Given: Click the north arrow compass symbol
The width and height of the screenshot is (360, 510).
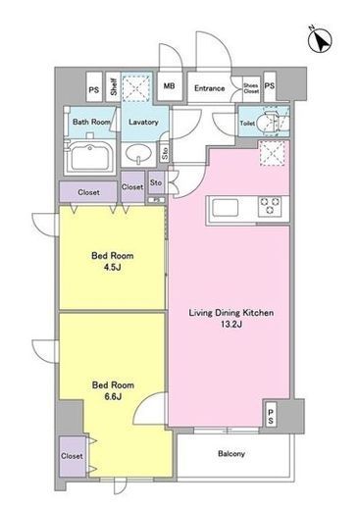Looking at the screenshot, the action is (320, 40).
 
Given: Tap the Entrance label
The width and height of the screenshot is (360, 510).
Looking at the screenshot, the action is (209, 88).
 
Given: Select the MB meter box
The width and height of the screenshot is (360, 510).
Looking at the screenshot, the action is (169, 86).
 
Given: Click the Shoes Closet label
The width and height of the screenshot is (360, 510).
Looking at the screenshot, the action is (251, 88).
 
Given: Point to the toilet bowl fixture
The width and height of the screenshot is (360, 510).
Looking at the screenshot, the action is (271, 124).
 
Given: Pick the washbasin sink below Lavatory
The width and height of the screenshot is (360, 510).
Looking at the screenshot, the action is (138, 153).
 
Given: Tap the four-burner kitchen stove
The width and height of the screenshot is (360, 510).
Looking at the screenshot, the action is (270, 206).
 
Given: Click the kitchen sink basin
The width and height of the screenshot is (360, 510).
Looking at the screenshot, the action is (225, 207).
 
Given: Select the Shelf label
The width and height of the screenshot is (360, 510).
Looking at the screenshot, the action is (114, 86).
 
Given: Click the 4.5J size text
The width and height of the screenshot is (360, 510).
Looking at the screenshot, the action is (112, 268).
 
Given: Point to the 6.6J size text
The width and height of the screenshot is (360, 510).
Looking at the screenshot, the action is (113, 396).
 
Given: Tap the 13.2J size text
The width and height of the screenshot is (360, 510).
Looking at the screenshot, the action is (231, 325).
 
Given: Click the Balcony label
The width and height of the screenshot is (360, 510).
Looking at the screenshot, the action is (231, 454).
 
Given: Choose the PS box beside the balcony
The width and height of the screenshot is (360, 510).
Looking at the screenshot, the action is (271, 414).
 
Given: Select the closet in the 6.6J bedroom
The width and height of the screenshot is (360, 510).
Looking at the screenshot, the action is (73, 456).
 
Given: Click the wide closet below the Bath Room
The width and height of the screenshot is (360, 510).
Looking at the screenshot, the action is (88, 192).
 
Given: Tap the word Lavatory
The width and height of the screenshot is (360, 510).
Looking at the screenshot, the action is (143, 122).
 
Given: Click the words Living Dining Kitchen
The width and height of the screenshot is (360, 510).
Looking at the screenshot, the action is (231, 313).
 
